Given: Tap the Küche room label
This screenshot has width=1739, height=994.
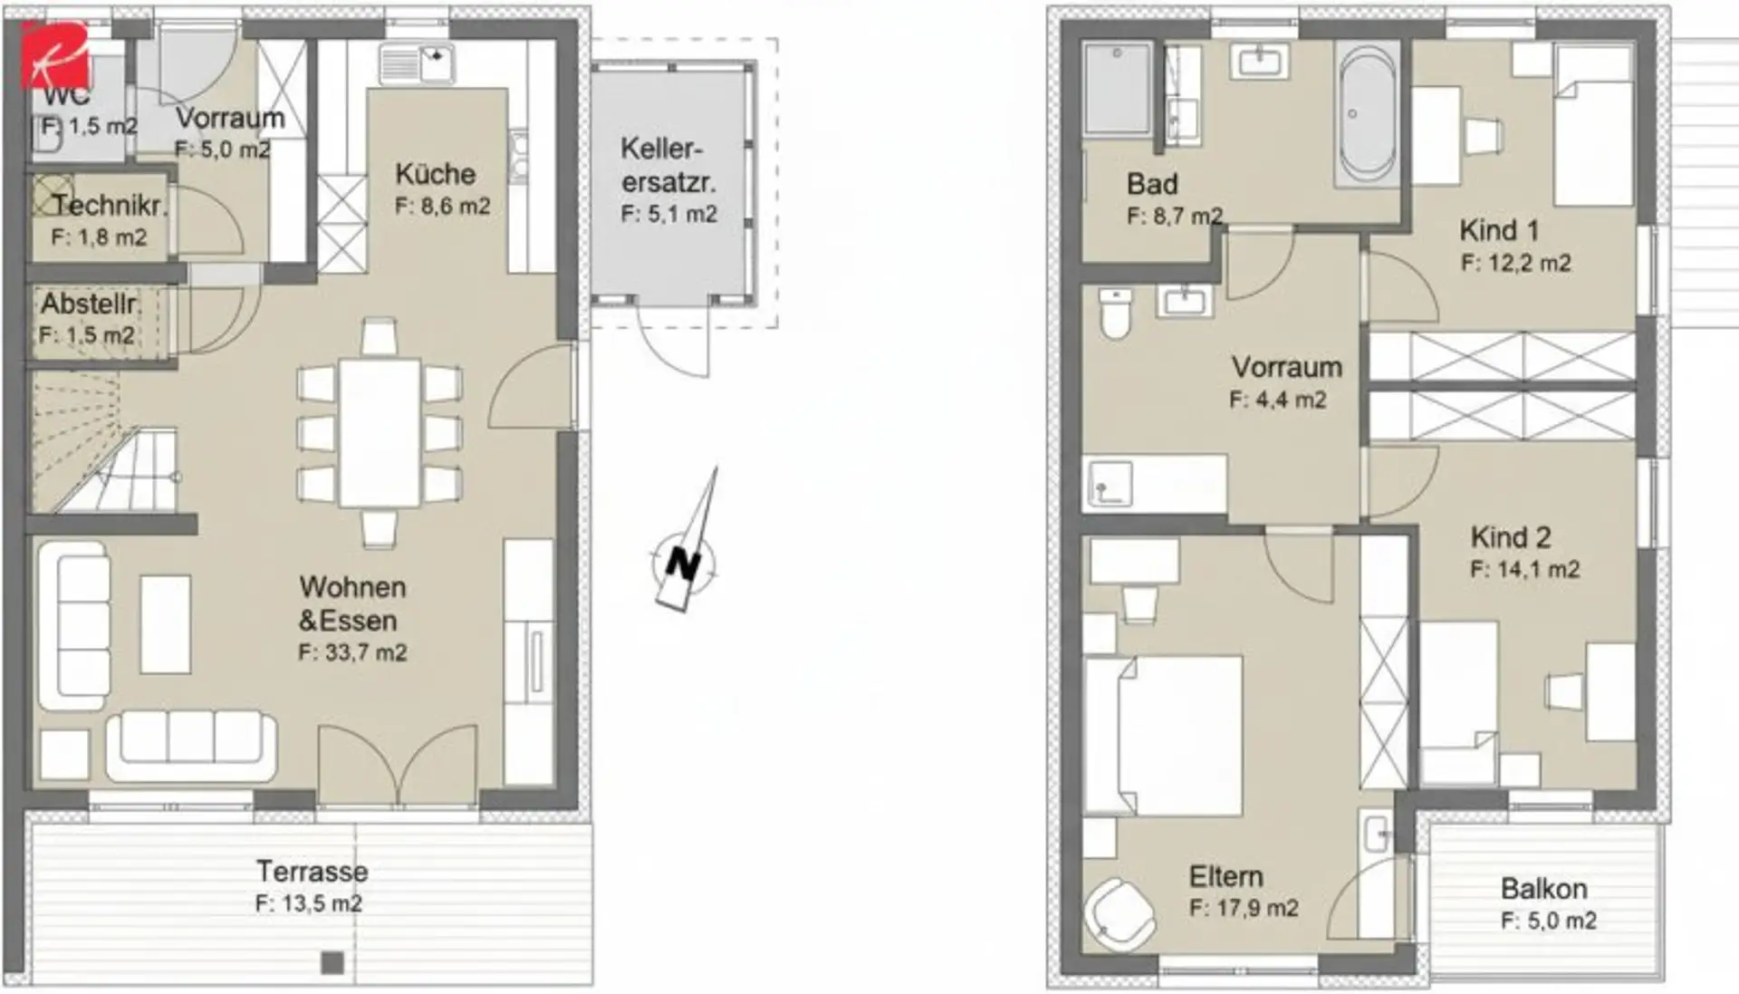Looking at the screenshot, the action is click(436, 174).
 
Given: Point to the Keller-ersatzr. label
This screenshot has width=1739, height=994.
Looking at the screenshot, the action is click(668, 165).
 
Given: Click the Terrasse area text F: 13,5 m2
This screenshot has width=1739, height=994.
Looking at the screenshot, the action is click(309, 903).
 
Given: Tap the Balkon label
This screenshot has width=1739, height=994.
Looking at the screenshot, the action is click(1544, 888).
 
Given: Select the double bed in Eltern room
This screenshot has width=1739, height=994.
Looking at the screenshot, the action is click(1163, 736).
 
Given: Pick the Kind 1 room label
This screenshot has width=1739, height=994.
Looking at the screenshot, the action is click(1499, 230).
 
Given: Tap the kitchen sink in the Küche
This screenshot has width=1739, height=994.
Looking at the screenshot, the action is click(417, 63).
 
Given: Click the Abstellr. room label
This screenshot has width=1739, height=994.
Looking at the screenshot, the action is click(90, 304).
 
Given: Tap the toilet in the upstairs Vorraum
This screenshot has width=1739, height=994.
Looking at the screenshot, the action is click(1115, 314).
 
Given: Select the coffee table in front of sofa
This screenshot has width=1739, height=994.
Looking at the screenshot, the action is click(166, 624).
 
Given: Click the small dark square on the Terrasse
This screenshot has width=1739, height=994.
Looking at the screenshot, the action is click(332, 962).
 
